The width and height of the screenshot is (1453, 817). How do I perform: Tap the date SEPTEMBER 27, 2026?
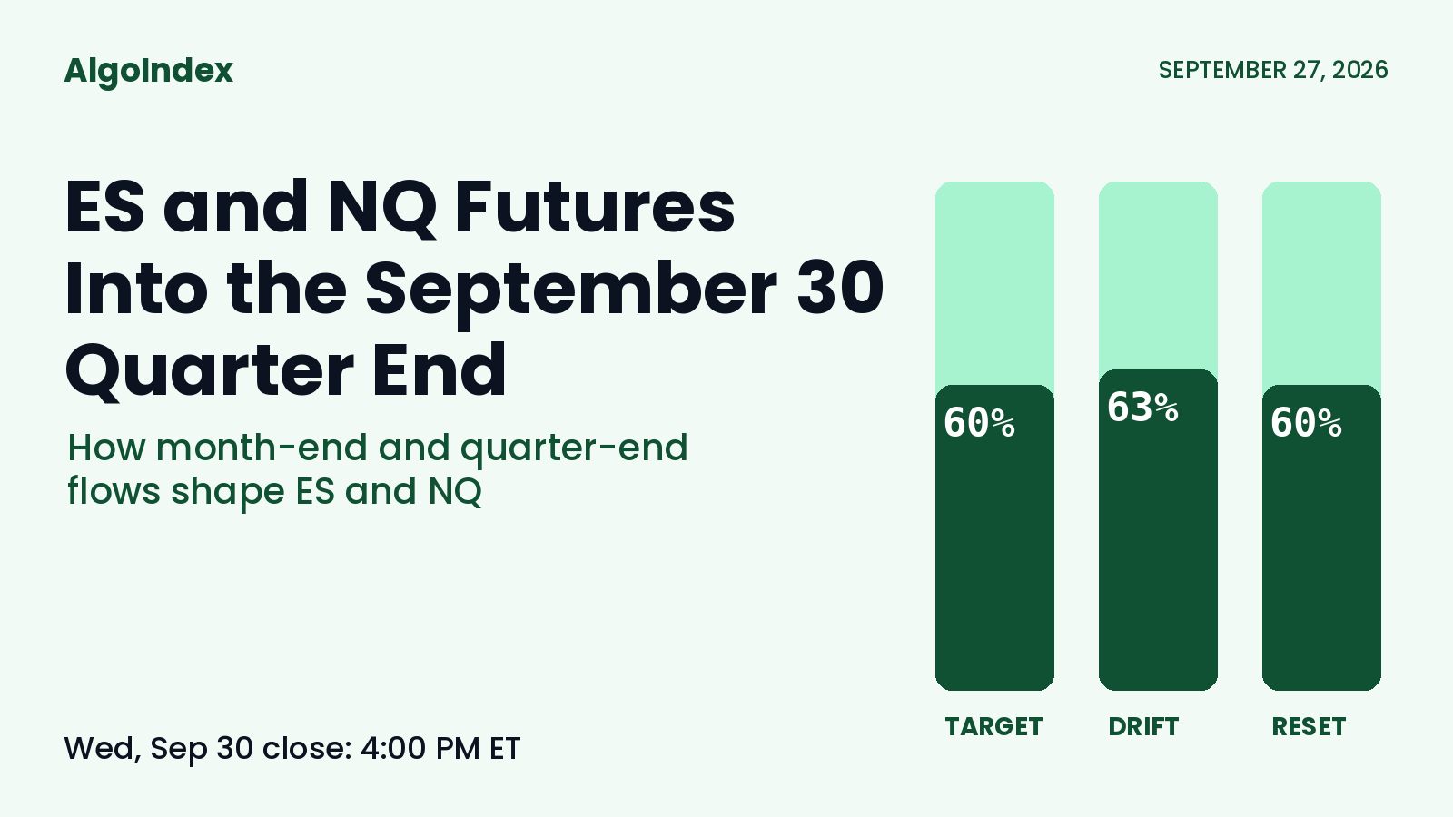[x=1272, y=70]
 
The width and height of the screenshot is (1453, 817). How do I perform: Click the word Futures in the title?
[x=595, y=207]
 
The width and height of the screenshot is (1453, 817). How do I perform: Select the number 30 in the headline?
[x=840, y=288]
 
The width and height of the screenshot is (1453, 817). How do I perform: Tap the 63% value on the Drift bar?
[x=1142, y=408]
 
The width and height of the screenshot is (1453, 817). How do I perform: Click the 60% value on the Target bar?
[x=979, y=423]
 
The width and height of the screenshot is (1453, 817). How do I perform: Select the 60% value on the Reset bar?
[x=1306, y=423]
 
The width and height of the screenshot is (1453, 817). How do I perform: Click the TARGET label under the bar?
[x=993, y=727]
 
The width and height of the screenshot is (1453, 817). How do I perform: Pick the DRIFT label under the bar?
[x=1143, y=727]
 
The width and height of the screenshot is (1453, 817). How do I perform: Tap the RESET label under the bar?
[x=1309, y=727]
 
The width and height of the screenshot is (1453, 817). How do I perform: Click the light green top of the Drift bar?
[x=1158, y=276]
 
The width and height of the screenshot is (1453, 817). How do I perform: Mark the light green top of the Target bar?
[x=994, y=284]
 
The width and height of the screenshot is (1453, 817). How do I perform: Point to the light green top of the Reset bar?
[x=1321, y=284]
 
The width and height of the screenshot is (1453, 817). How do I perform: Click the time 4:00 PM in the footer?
[x=421, y=748]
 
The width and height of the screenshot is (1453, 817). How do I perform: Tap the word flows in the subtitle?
[x=114, y=490]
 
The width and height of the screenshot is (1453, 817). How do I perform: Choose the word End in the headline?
[x=440, y=369]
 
